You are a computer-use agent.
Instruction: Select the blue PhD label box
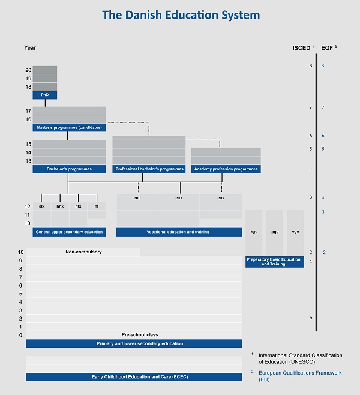click(44, 95)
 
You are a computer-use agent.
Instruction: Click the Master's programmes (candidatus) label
click(69, 128)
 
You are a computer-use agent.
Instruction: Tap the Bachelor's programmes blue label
click(69, 169)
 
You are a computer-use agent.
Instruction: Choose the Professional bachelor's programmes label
click(149, 169)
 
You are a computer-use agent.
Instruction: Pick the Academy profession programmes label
click(226, 169)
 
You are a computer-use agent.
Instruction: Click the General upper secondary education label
click(69, 231)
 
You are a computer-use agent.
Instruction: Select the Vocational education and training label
click(179, 231)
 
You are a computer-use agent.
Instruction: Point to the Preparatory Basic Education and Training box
click(274, 261)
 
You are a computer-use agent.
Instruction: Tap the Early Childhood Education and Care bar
click(134, 376)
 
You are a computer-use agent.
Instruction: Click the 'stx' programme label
click(42, 206)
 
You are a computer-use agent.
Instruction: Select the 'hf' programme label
click(96, 206)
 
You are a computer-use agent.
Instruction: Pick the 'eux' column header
click(179, 197)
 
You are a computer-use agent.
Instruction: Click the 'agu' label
click(254, 231)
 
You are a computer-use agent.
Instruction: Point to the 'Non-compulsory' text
click(83, 252)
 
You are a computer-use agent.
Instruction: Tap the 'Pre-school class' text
click(139, 334)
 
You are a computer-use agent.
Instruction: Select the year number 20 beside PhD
click(28, 70)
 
